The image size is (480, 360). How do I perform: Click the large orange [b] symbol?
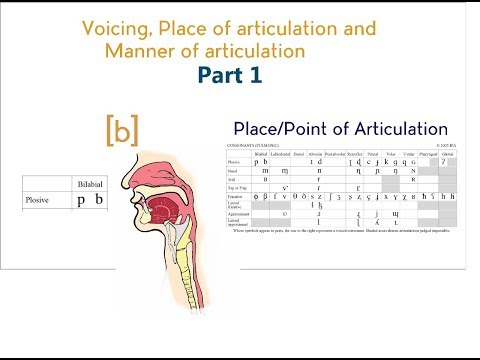pos(121,129)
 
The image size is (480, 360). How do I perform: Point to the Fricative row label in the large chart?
pos(236,198)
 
